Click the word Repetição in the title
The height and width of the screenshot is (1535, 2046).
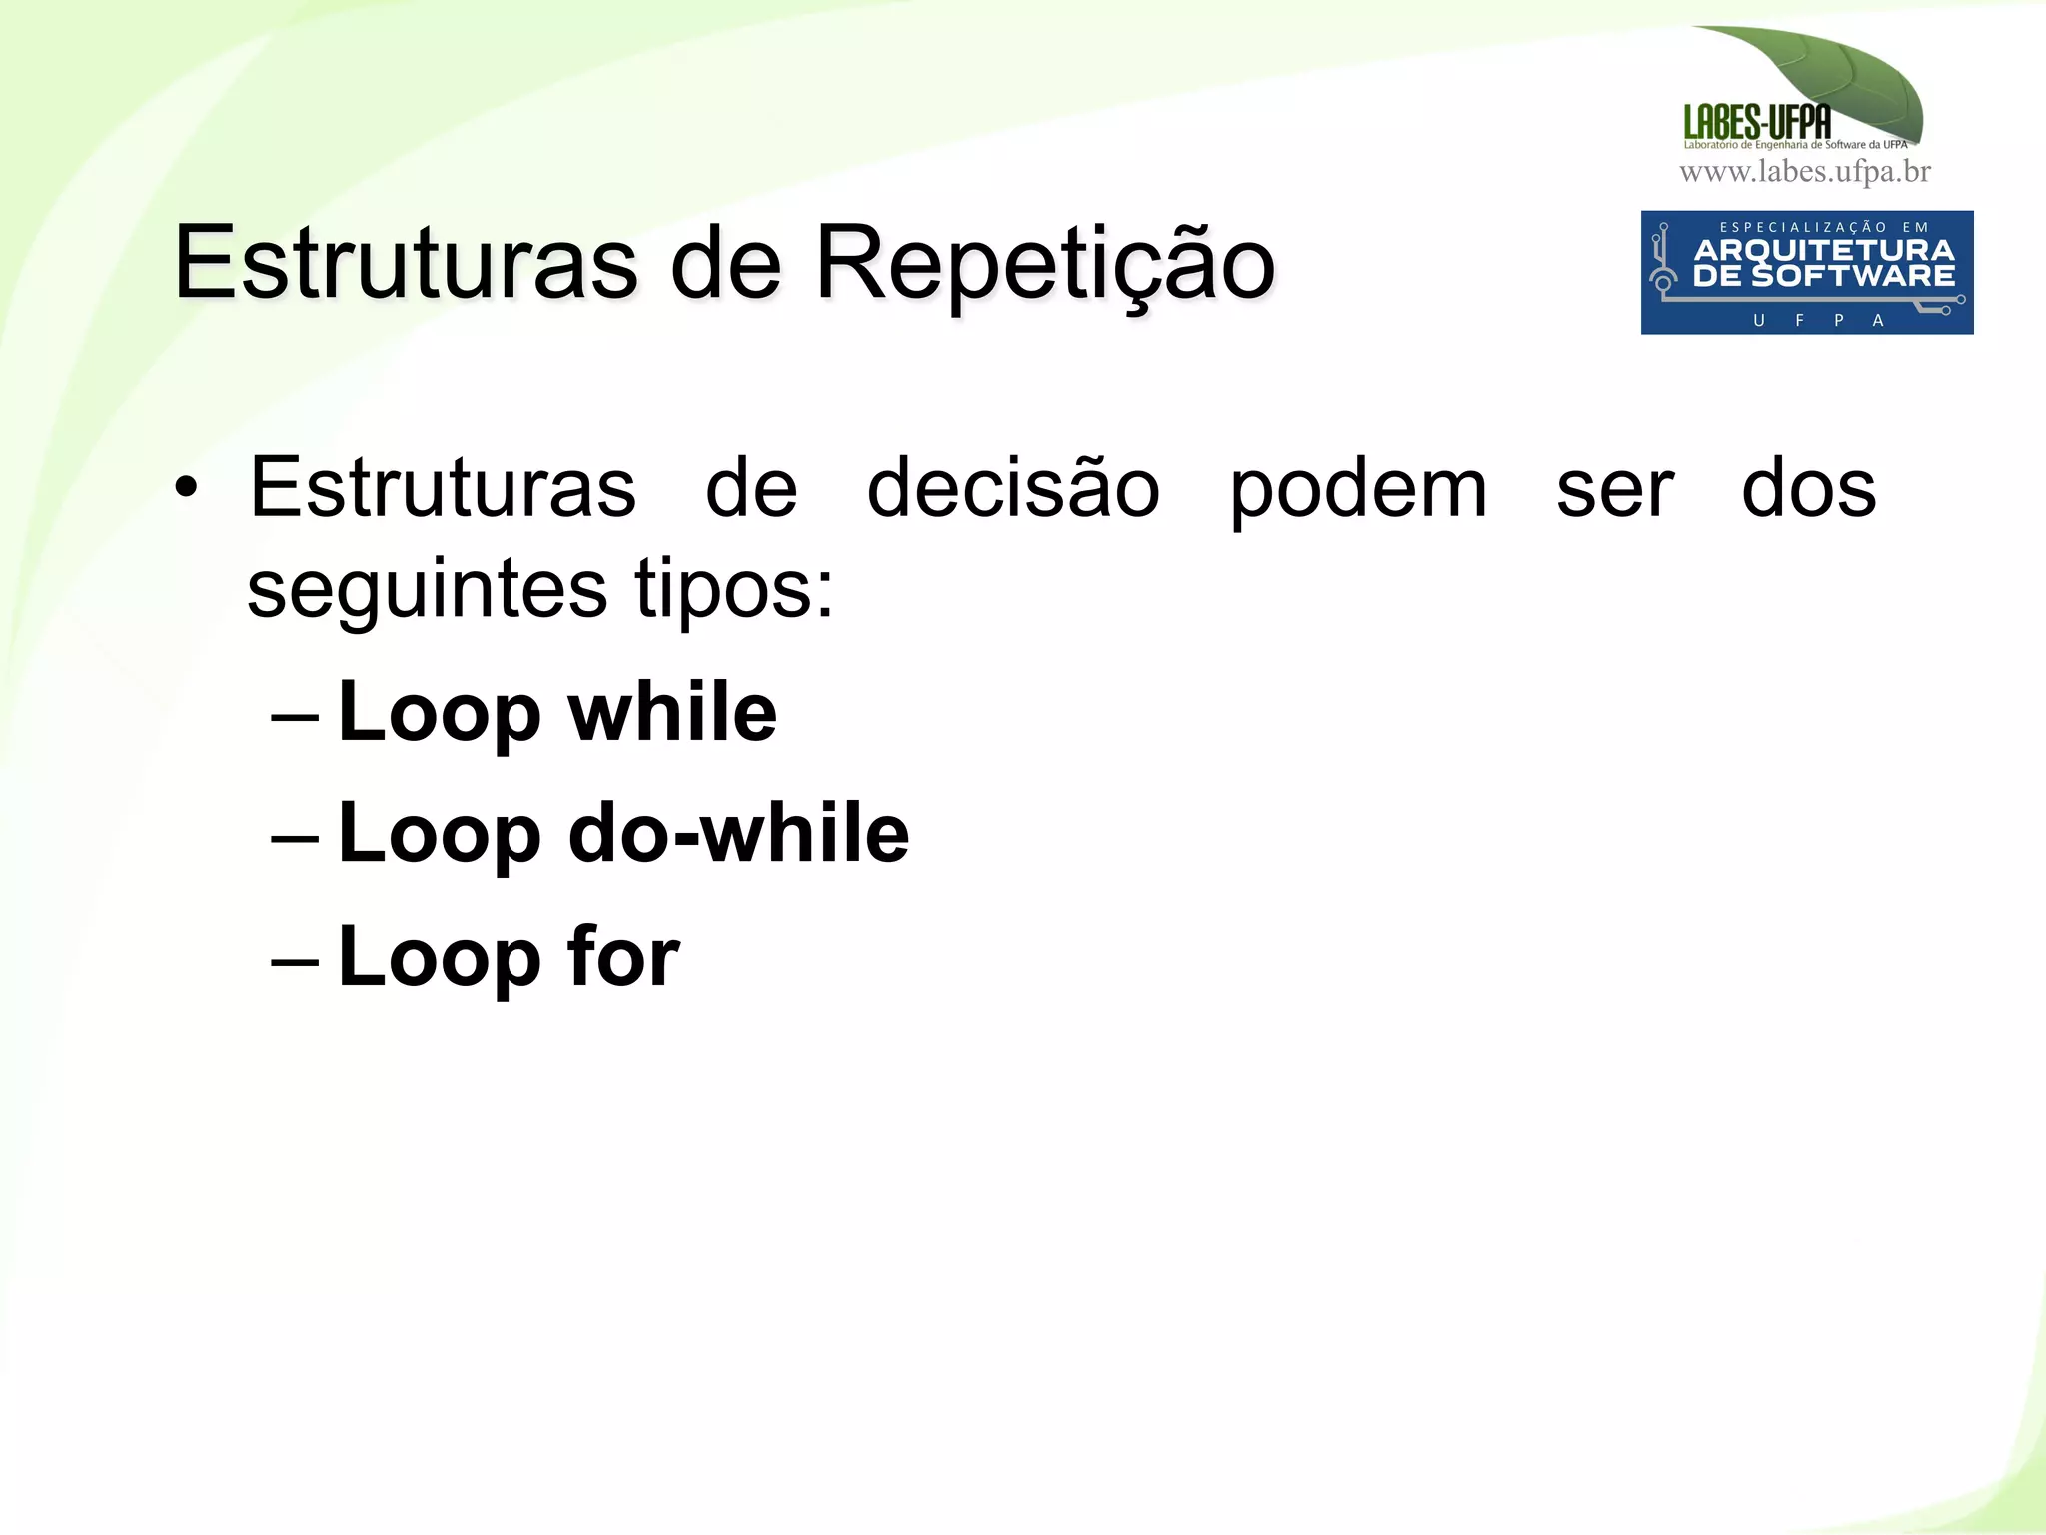click(1045, 263)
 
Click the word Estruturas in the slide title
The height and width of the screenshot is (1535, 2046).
click(406, 263)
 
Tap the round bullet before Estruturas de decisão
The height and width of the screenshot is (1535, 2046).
click(186, 488)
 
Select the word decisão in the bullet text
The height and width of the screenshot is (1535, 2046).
click(1013, 488)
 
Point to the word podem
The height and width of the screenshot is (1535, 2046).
click(1358, 490)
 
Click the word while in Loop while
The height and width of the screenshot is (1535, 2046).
click(672, 712)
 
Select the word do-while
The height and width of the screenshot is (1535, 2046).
click(738, 833)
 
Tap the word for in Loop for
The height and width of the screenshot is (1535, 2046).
click(623, 956)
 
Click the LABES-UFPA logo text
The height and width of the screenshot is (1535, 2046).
click(1757, 123)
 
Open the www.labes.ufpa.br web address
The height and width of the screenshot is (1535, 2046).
click(1805, 172)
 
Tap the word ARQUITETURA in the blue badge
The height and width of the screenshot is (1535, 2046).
click(1824, 250)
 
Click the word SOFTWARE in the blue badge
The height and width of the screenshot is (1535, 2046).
click(1853, 276)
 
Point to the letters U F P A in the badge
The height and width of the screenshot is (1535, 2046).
click(1818, 320)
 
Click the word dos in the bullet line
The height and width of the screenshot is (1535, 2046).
click(1808, 488)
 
